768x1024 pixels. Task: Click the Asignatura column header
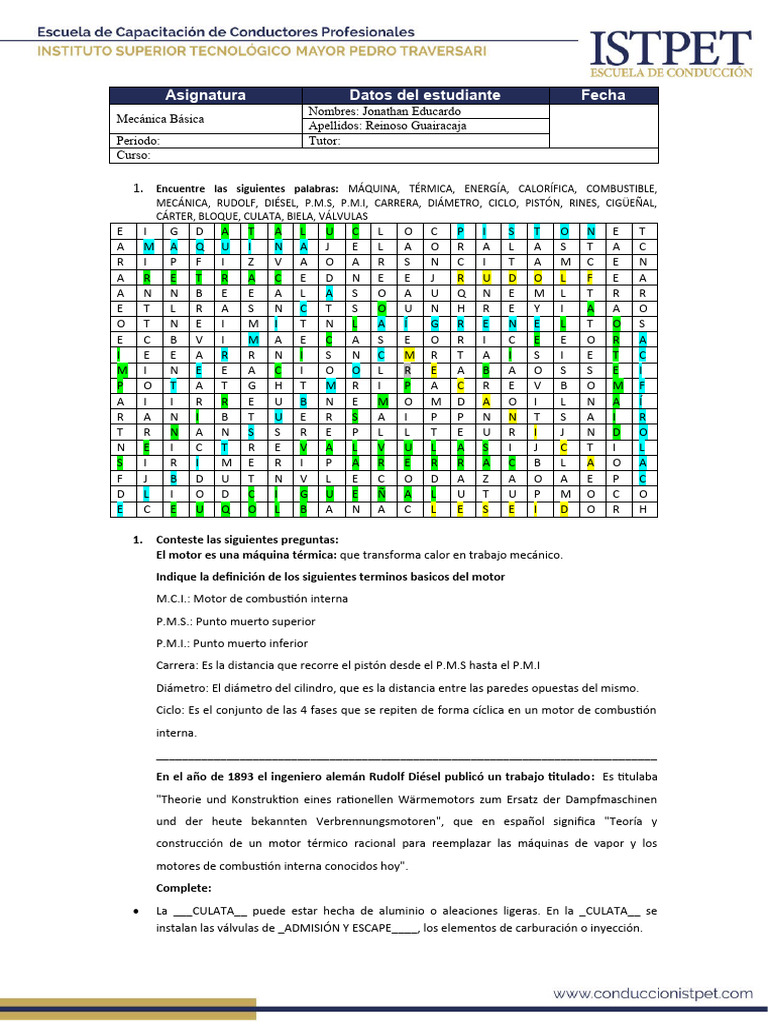point(205,95)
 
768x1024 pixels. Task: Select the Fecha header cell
point(603,95)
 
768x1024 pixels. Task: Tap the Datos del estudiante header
point(424,95)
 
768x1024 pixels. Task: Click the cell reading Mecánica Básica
point(160,119)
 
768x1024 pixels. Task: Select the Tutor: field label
point(325,141)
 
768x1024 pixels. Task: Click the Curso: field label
point(133,155)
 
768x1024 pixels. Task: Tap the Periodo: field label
point(138,141)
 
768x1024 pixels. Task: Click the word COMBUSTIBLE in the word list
point(621,188)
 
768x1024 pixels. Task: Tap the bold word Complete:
point(184,887)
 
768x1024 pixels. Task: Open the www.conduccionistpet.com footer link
point(653,993)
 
